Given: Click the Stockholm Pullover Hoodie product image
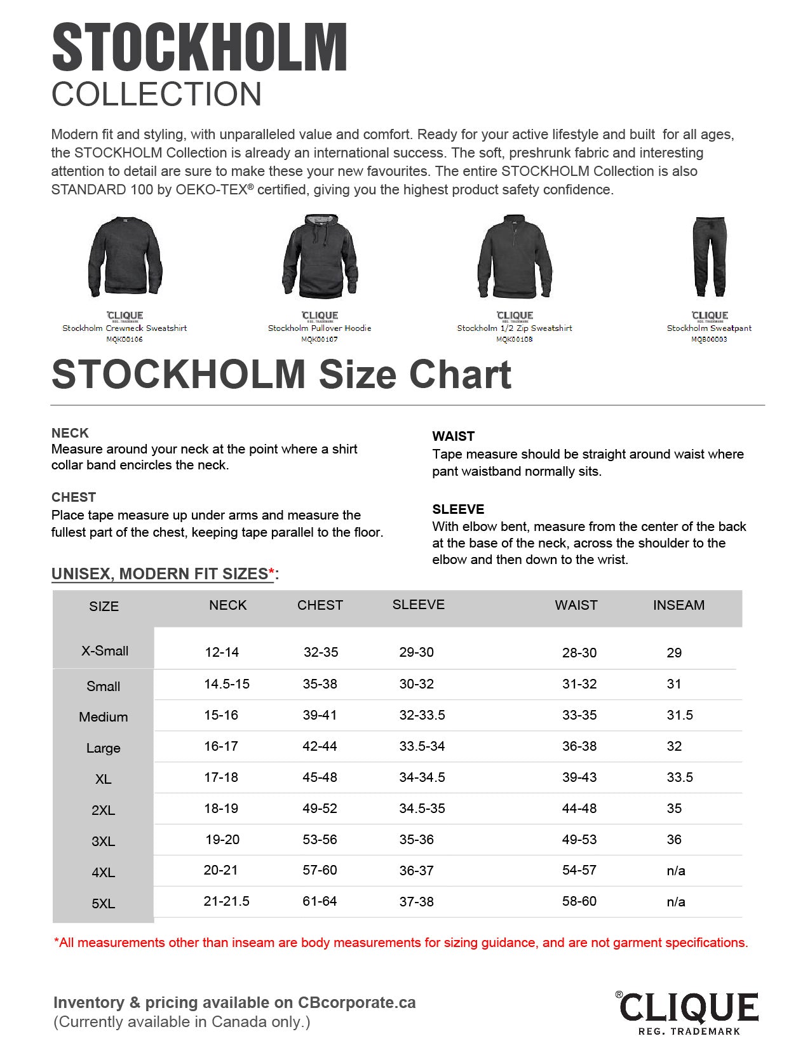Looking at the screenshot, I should pos(320,257).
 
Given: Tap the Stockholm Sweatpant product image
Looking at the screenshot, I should pos(709,257).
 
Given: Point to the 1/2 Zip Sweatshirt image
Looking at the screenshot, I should pos(515,257).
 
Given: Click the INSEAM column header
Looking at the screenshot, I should pos(678,605).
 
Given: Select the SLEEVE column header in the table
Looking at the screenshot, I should pos(418,605).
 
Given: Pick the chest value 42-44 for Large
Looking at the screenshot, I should pos(320,746).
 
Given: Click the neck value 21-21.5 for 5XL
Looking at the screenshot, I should pos(226,901).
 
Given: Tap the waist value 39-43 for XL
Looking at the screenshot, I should pos(579,777).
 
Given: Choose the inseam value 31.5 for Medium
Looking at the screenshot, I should pos(679,715).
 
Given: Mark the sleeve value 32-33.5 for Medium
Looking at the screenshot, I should pos(422,715).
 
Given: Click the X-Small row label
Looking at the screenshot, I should pos(105,651).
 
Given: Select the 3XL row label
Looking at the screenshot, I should pos(103,842).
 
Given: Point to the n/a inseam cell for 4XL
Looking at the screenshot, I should pos(675,871).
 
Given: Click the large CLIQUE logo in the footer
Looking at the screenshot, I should pos(689,1007).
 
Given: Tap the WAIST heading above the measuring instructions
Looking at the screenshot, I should pos(453,436).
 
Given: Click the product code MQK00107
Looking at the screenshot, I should pos(320,340).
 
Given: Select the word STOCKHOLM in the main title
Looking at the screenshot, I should pos(199,47).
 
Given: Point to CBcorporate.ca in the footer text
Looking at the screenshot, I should pos(356,1003).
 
